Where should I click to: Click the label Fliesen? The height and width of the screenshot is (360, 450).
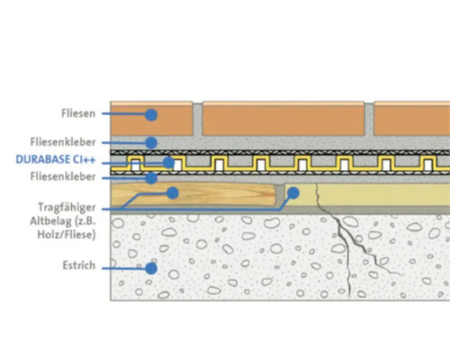[78, 113]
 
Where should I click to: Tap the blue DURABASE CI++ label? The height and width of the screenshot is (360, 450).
[55, 160]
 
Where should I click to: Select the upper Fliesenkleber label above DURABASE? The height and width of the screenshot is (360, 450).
[63, 142]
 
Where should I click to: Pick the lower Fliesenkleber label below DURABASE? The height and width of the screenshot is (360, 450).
[63, 176]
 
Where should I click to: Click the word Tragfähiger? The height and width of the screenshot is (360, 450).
[67, 207]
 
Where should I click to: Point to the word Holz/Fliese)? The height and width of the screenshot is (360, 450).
[66, 235]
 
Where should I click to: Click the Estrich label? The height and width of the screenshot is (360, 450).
[79, 265]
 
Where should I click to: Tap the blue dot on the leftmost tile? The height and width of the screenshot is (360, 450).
[151, 114]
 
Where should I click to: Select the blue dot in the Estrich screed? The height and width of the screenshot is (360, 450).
[151, 269]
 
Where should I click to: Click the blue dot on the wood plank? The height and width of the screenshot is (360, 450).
[173, 193]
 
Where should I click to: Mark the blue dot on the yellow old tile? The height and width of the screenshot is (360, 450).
[293, 193]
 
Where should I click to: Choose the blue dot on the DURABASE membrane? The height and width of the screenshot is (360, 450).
[168, 163]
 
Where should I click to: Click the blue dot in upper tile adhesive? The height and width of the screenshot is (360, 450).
[151, 143]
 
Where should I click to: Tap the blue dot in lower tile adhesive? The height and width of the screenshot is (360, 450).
[151, 179]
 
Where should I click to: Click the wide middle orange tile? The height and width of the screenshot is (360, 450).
[283, 118]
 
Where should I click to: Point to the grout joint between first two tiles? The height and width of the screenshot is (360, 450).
[197, 119]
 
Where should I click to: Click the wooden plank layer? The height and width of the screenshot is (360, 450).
[193, 194]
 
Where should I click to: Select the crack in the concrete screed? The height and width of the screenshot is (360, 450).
[348, 241]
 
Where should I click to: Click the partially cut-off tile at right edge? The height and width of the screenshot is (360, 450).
[412, 118]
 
